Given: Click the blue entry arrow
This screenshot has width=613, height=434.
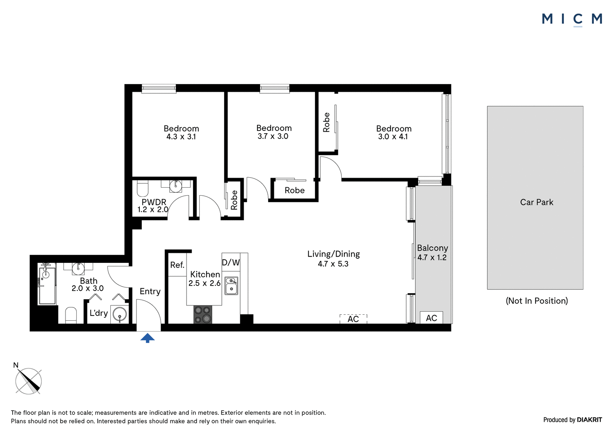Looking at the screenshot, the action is (x=148, y=338).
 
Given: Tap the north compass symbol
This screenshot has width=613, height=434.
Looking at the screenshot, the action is (x=28, y=381).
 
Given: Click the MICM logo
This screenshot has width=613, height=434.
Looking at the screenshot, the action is (x=572, y=20).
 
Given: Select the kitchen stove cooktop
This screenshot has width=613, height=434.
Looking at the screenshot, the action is (x=203, y=314).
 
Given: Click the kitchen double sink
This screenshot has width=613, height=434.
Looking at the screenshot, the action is (x=231, y=285).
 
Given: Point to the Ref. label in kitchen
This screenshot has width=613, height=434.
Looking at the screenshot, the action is (x=177, y=265).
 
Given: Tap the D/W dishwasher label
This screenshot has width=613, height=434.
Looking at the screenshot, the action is (x=231, y=262).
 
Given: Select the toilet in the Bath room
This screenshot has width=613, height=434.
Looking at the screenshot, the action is (x=71, y=315).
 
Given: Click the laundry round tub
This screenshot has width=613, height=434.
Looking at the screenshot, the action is (x=120, y=315).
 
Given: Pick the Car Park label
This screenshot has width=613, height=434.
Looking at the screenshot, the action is (x=537, y=202).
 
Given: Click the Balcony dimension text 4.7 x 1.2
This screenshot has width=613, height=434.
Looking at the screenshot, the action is (x=432, y=257).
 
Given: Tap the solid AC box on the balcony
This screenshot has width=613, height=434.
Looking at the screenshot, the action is (x=431, y=317).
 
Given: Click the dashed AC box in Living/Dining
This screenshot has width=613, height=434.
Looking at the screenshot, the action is (x=353, y=319).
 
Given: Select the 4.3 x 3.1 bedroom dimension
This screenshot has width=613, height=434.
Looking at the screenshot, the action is (x=181, y=137).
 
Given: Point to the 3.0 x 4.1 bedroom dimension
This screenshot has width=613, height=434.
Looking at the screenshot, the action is (x=393, y=137).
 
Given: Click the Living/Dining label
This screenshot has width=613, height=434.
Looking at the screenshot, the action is (x=334, y=254).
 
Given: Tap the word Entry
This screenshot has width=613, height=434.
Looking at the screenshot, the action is (x=150, y=291).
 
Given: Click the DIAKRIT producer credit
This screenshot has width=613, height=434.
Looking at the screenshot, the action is (x=589, y=420).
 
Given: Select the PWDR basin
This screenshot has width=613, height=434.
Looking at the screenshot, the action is (x=175, y=186).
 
